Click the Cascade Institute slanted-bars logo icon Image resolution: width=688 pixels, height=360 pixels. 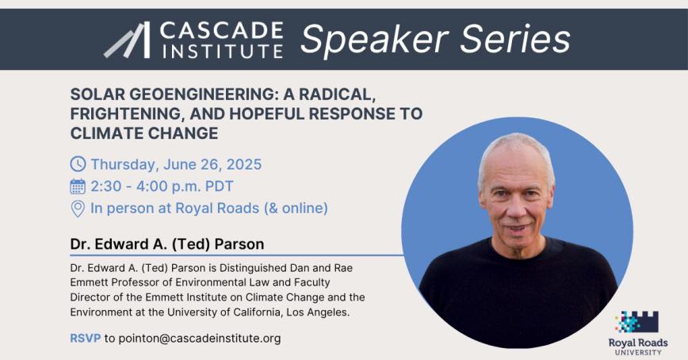(x=127, y=40)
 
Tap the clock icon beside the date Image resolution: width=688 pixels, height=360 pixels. (x=78, y=165)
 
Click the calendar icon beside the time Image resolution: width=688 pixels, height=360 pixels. (x=78, y=187)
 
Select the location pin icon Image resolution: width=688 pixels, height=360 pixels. (x=78, y=209)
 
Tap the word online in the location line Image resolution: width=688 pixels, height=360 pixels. (x=299, y=209)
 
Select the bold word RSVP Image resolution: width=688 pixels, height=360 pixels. (x=85, y=339)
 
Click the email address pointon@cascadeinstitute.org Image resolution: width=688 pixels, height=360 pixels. (x=193, y=339)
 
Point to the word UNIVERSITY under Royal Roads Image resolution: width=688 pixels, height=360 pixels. (x=638, y=351)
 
